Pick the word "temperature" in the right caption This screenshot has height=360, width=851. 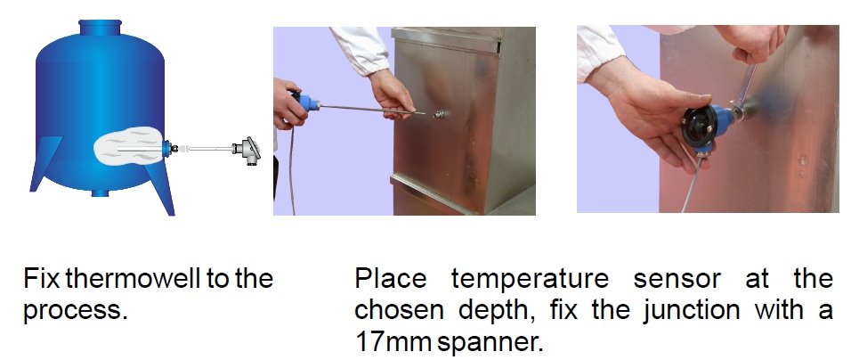pyautogui.click(x=530, y=280)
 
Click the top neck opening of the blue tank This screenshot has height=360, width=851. pyautogui.click(x=100, y=27)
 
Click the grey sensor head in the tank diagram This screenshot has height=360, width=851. pyautogui.click(x=247, y=149)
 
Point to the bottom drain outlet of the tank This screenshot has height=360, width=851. pyautogui.click(x=100, y=192)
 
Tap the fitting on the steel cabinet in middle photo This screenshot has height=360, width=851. pyautogui.click(x=440, y=115)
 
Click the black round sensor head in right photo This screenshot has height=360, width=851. pyautogui.click(x=701, y=127)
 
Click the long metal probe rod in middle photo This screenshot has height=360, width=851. pyautogui.click(x=373, y=109)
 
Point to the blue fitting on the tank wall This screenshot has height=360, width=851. pyautogui.click(x=166, y=148)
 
